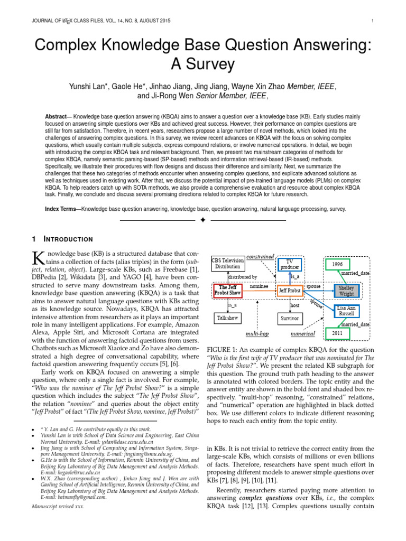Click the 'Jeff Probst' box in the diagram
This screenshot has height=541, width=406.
291,291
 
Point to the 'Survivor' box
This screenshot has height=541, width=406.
291,319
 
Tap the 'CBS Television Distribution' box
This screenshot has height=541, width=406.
228,263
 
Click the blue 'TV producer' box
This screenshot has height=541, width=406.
289,264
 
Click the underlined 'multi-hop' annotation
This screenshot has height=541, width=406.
257,334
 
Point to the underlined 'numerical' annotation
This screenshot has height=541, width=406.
303,334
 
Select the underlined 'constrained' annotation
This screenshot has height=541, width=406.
261,256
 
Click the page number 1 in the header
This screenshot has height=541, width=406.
373,21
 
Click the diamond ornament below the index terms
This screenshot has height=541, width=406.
202,219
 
